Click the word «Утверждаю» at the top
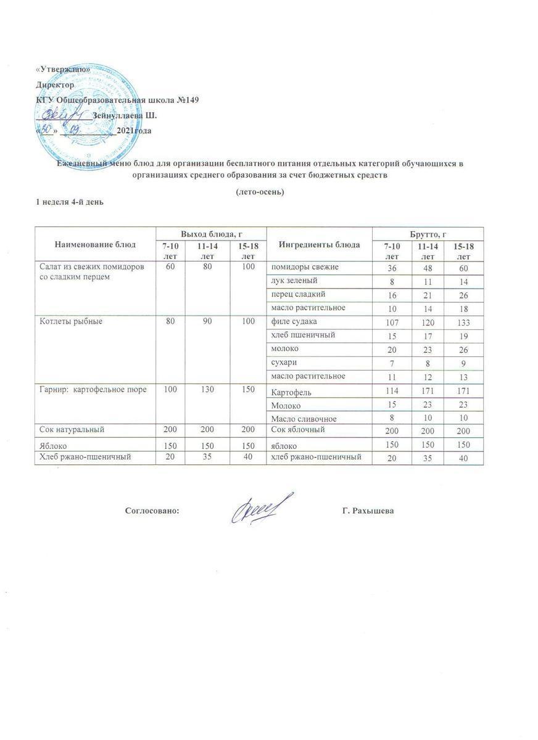(x=59, y=72)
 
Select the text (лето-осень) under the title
(x=260, y=192)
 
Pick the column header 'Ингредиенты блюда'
(x=320, y=244)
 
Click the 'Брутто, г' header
(x=428, y=234)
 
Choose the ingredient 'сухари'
(x=284, y=362)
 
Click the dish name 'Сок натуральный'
(x=68, y=429)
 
